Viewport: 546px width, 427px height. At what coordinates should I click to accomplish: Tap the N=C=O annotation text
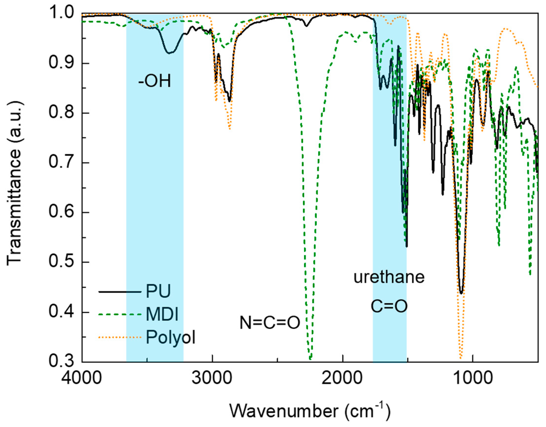[270, 322]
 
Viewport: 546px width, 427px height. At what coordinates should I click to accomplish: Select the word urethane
[389, 277]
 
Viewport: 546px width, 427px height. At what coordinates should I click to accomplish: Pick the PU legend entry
[158, 291]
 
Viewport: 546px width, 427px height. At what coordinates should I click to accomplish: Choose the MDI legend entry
[162, 315]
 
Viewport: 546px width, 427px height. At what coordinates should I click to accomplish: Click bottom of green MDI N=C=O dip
[310, 359]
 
